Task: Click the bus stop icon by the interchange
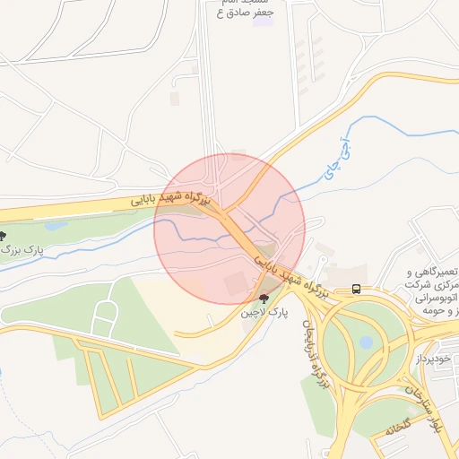pyautogui.click(x=357, y=289)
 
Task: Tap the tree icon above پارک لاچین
pyautogui.click(x=263, y=298)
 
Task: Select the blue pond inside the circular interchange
pyautogui.click(x=366, y=342)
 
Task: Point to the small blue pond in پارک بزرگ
pyautogui.click(x=56, y=227)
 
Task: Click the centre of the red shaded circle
pyautogui.click(x=229, y=229)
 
